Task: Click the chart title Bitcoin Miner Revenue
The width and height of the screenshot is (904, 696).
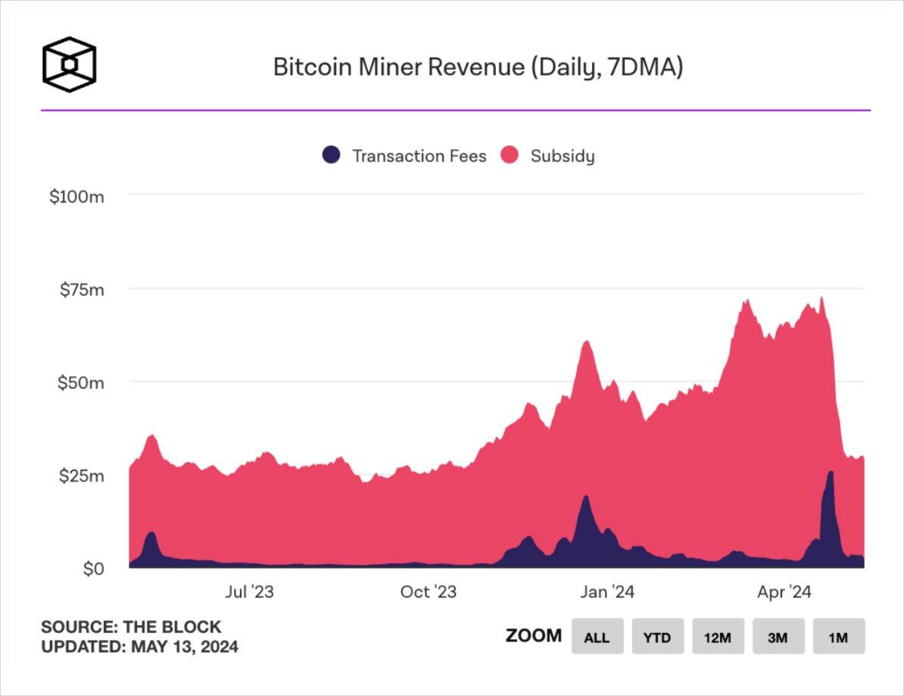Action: [x=478, y=67]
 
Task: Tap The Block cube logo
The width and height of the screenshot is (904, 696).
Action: [x=69, y=65]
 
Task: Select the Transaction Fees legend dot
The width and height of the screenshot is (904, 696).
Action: [x=331, y=155]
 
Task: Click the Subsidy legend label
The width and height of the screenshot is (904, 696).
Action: [x=562, y=156]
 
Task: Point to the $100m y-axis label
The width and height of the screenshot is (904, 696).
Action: [x=76, y=197]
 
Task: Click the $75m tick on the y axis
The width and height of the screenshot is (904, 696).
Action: [x=82, y=289]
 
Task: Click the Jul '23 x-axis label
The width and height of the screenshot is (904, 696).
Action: [x=248, y=592]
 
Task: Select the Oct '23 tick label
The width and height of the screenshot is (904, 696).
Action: [x=429, y=592]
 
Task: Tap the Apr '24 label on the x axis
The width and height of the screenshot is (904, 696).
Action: [x=784, y=592]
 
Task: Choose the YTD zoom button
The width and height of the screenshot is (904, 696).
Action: [x=657, y=637]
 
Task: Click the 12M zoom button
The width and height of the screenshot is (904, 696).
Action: [x=717, y=637]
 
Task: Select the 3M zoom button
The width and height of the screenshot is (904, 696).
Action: [x=778, y=637]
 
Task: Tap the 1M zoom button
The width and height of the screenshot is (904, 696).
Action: [x=838, y=637]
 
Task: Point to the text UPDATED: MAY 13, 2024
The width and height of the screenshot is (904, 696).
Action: [x=139, y=648]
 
